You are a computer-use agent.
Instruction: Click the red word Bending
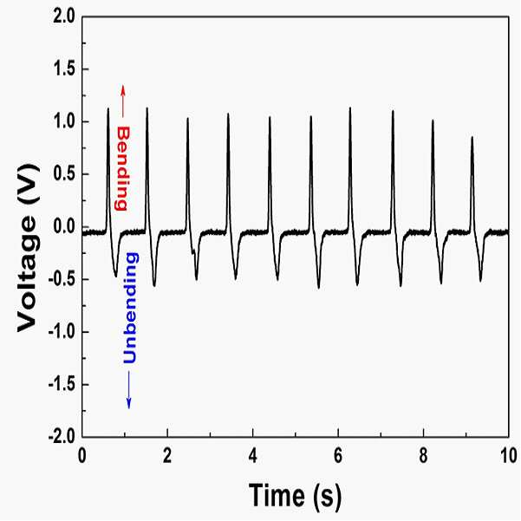point(121,168)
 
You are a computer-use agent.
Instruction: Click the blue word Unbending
point(130,308)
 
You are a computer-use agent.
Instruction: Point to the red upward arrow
point(122,101)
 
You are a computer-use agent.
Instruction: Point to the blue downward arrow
point(129,390)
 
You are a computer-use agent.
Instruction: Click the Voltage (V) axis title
point(28,248)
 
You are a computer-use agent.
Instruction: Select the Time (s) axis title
point(295,496)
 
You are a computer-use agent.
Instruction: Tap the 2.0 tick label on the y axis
point(64,16)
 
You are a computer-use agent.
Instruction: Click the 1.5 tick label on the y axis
point(64,69)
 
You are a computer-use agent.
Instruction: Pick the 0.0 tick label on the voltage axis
point(64,227)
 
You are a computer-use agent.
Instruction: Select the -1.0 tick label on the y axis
point(62,332)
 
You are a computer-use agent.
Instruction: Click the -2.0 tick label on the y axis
point(62,437)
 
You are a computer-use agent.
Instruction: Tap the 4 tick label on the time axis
point(253,456)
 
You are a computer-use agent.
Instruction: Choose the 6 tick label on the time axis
point(338,456)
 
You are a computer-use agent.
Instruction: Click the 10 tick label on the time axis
point(509,456)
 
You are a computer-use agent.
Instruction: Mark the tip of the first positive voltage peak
point(108,108)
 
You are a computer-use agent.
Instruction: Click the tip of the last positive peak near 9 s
point(472,137)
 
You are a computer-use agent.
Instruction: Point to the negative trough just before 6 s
point(319,288)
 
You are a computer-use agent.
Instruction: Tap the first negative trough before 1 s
point(115,277)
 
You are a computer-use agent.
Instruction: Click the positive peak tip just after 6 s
point(350,108)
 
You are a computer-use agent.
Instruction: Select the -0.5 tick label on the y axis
point(62,279)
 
